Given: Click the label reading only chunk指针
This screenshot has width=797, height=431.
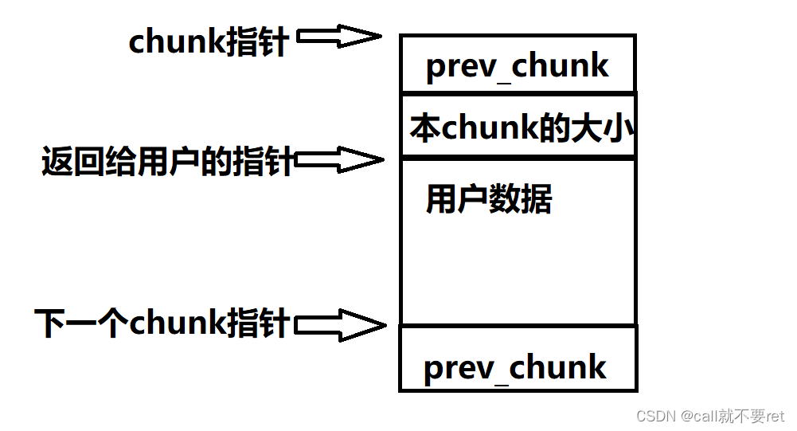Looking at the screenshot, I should (209, 41).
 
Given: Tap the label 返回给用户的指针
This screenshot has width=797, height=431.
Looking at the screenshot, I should (167, 163).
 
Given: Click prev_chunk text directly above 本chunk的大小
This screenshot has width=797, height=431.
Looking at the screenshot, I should (518, 66).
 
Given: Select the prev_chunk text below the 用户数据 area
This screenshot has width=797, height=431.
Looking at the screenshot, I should (515, 367).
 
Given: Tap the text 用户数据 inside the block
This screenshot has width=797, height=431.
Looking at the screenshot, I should (489, 199).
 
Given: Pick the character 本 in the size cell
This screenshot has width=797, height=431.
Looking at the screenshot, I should (425, 128).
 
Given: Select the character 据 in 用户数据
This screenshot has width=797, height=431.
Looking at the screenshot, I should (537, 199).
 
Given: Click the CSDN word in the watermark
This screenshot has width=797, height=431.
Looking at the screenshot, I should (636, 416).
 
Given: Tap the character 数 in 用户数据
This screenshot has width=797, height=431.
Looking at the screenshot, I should (505, 199).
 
